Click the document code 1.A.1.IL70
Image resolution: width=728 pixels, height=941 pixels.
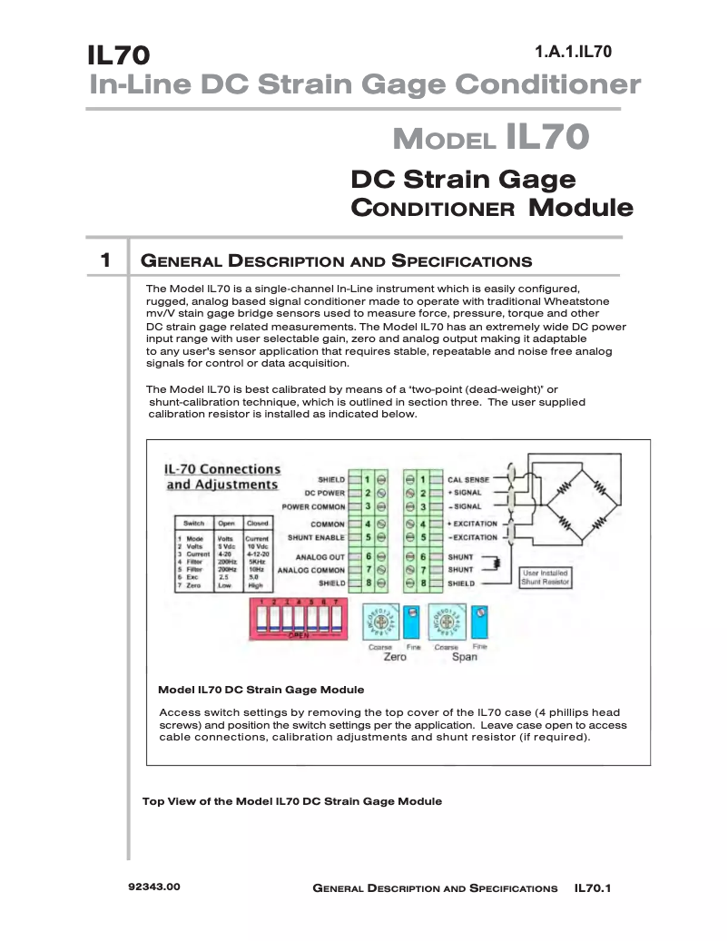[573, 52]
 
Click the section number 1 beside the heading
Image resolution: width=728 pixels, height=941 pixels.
[105, 261]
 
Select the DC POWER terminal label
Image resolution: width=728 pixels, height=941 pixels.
[324, 493]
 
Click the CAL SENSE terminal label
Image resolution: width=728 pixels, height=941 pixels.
[468, 479]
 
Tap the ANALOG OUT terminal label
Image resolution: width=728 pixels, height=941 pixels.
[319, 556]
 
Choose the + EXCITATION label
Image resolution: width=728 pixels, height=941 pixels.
[472, 524]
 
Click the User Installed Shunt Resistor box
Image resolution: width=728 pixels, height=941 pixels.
[546, 577]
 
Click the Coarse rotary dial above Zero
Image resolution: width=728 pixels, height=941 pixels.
[380, 622]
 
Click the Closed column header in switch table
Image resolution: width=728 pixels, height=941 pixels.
[257, 524]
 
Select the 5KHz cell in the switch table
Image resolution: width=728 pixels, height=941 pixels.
[257, 562]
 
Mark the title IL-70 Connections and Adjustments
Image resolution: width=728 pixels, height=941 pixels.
[221, 476]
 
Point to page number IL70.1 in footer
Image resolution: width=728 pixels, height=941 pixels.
[593, 887]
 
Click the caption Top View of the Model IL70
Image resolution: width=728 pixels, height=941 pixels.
[292, 801]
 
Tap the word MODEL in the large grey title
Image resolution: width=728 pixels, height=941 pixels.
[444, 141]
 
